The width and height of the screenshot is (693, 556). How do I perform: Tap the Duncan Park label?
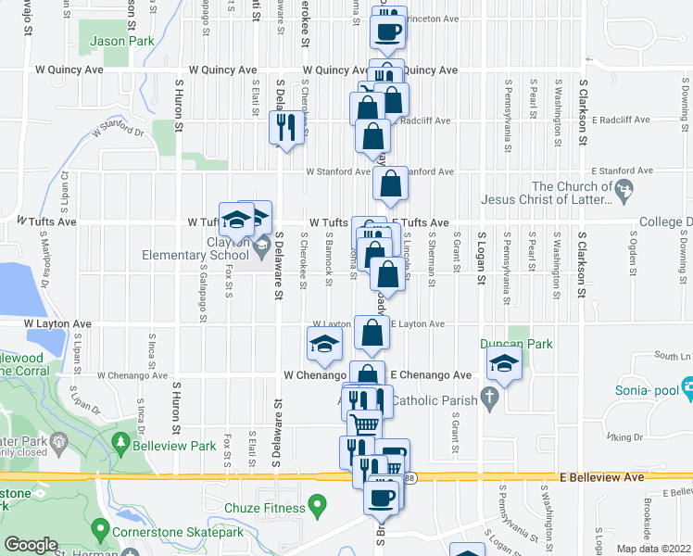coord(516,344)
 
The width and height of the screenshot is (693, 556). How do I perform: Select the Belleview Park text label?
coord(177,447)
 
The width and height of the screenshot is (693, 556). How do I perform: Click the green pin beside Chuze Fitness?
coord(319,507)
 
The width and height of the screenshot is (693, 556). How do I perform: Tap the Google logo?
coord(31,545)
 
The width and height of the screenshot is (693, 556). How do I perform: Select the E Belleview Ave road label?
coord(601,476)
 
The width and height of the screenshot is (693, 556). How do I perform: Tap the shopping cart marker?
coord(367,423)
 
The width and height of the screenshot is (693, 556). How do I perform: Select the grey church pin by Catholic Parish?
coord(492,401)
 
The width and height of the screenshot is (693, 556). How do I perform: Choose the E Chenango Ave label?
coord(431,375)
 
